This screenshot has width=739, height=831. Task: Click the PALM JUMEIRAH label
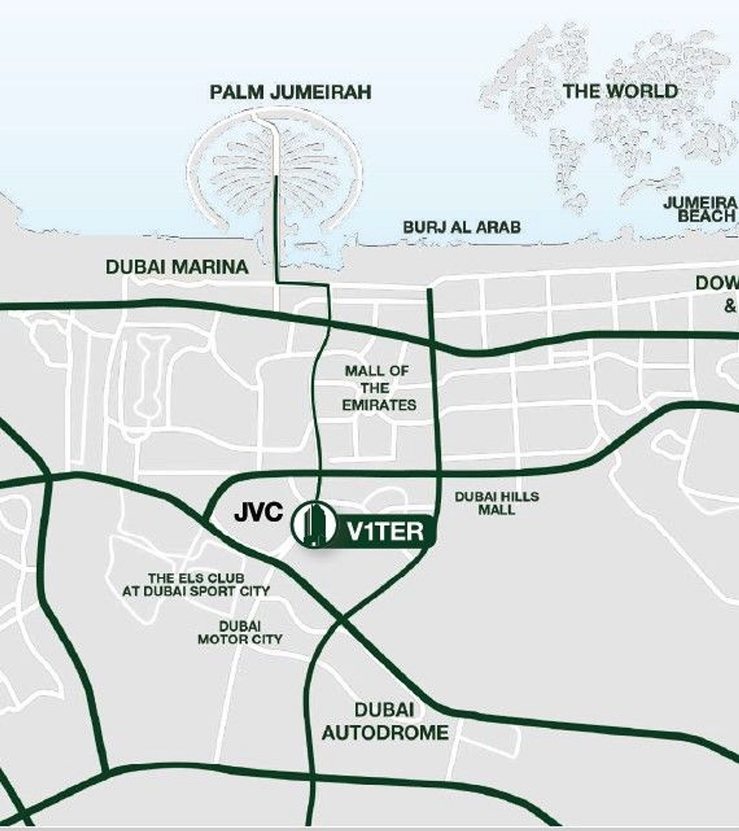coord(290,92)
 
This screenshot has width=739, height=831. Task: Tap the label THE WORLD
coord(620,91)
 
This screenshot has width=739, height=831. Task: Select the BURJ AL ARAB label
coord(461,227)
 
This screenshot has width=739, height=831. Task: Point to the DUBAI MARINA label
coord(177,267)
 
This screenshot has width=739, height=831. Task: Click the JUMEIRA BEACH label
coord(700,209)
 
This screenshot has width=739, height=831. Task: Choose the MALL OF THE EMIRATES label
coord(378,388)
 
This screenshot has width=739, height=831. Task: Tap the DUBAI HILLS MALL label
coord(496,503)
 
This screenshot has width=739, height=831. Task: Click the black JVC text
coord(259,512)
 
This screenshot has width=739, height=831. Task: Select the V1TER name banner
coord(385,530)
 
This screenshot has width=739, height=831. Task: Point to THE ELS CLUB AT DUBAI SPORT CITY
coord(196,584)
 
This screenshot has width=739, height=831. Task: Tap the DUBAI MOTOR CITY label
coord(239,632)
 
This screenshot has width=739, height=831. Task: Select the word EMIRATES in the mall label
coord(379,405)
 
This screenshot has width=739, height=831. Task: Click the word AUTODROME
coord(385,733)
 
